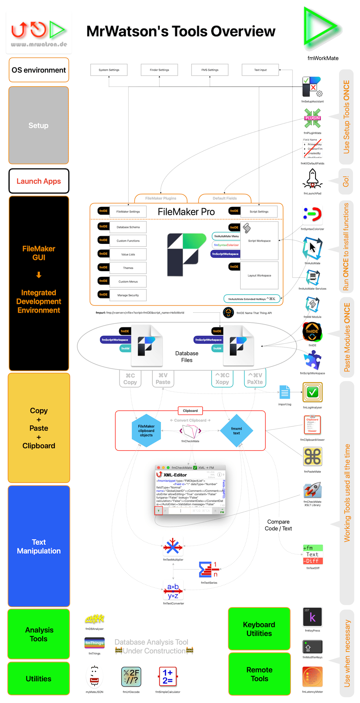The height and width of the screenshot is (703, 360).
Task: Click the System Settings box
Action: coord(109,70)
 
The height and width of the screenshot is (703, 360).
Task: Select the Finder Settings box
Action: coord(159,70)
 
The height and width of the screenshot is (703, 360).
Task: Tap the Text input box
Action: coord(260,70)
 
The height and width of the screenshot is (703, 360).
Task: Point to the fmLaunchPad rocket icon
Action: coord(312,179)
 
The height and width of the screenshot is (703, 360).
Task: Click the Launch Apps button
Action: coord(39,181)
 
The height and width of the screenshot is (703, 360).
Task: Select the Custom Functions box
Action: coord(128,241)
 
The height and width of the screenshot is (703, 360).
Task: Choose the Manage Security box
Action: coord(128,295)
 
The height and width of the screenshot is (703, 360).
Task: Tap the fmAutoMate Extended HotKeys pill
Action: coord(252,299)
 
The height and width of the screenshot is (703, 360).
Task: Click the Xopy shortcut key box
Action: coord(222,378)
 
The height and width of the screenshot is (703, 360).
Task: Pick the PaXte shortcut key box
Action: coord(255,378)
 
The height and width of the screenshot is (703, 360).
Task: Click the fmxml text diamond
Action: coord(236,431)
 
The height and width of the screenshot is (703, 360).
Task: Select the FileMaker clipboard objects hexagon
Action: coord(146,431)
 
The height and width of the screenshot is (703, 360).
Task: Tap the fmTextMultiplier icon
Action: coord(173,546)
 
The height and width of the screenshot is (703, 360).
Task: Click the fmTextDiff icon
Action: coord(313,555)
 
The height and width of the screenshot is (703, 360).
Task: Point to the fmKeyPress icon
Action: coord(312,617)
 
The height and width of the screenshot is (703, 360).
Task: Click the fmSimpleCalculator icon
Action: coord(168,677)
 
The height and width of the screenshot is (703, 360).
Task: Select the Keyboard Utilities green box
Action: coord(259,629)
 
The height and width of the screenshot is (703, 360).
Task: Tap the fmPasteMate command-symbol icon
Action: coord(313,457)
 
